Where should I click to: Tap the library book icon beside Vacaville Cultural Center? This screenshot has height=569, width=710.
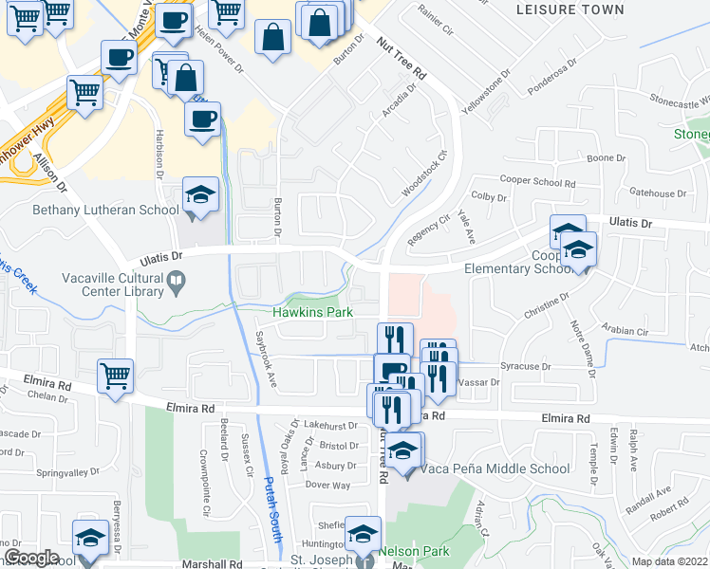[177, 282]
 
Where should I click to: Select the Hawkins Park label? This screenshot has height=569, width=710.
[308, 311]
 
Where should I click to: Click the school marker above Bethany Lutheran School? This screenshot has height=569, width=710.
[200, 196]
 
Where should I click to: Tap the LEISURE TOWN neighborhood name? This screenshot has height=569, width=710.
[570, 9]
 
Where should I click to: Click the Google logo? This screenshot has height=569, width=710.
[31, 558]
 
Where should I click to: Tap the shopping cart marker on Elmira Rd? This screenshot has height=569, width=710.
[115, 376]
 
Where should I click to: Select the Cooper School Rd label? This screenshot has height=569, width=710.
[537, 183]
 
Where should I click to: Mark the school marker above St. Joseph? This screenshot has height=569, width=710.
[363, 535]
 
